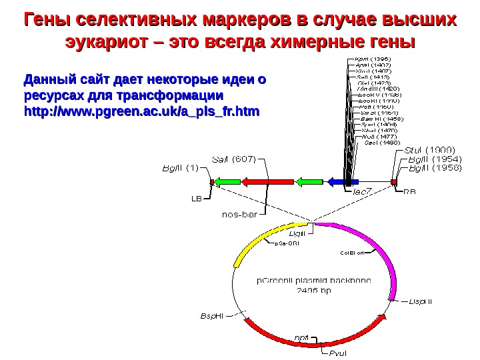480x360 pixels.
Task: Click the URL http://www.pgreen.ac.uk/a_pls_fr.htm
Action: click(x=142, y=109)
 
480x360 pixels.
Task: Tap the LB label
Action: click(x=197, y=198)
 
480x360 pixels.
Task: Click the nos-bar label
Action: click(x=239, y=215)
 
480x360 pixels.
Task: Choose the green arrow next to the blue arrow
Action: click(x=307, y=181)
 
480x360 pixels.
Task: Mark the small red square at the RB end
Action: click(x=393, y=181)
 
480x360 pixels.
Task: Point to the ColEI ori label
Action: click(x=353, y=253)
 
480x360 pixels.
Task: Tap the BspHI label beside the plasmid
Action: click(x=212, y=314)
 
